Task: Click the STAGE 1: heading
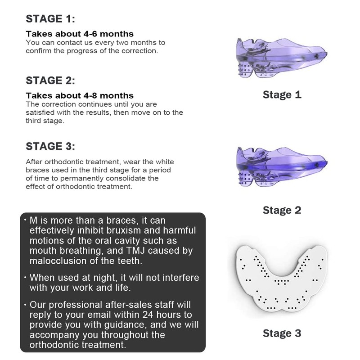coord(50,18)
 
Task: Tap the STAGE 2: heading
coord(50,81)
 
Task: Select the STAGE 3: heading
coord(50,146)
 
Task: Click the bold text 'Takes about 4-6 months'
coord(80,34)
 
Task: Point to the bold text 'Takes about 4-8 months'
coord(80,95)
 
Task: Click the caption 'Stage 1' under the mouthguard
coord(282,95)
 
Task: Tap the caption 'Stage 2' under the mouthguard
coord(282,210)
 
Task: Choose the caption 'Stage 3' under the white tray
coord(282,333)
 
